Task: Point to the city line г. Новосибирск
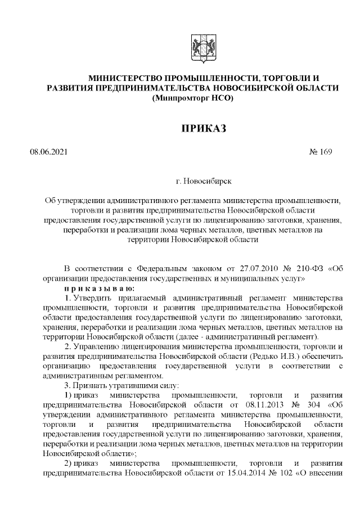[203, 182]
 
